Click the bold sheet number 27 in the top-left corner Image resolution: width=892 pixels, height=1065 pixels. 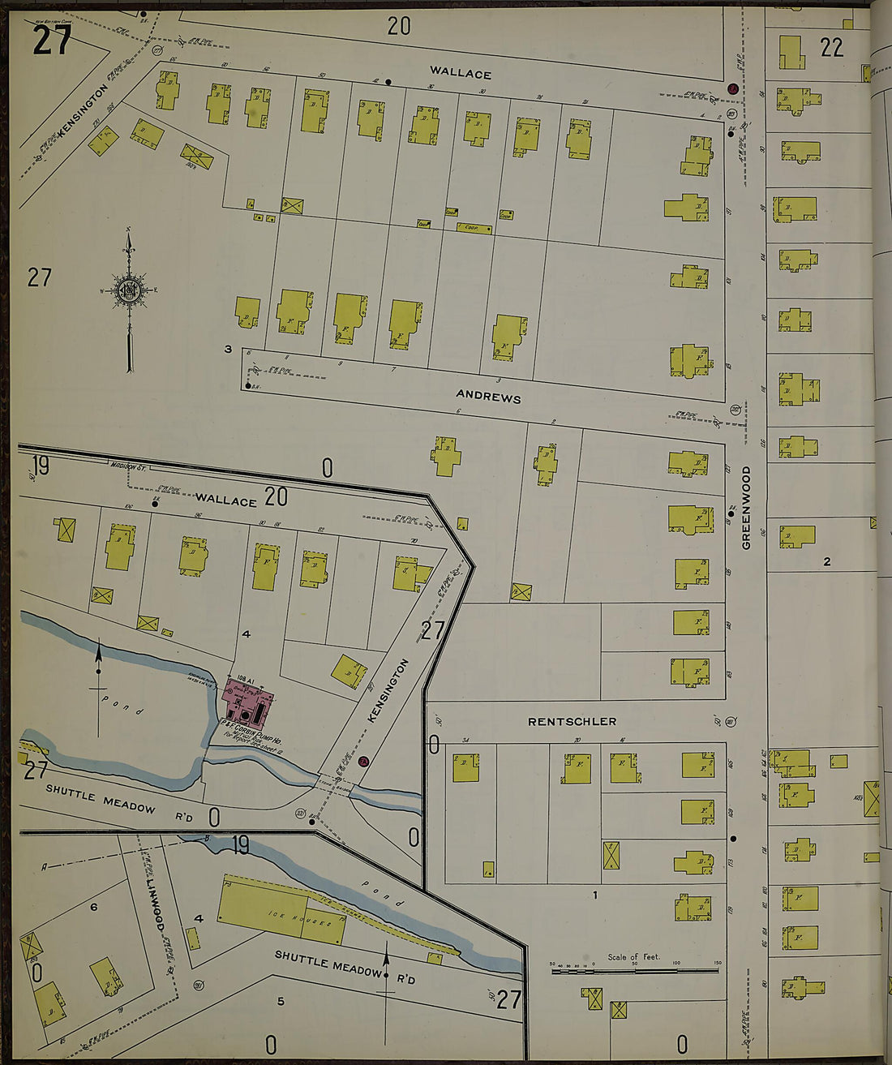[x=52, y=40]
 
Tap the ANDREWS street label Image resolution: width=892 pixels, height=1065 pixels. [x=488, y=397]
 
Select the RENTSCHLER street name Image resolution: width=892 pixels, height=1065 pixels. [x=572, y=721]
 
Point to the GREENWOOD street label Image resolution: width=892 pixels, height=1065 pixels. [x=746, y=508]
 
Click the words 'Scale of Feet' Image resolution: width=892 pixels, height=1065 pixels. [x=633, y=957]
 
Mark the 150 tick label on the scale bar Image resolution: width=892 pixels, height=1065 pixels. [x=717, y=964]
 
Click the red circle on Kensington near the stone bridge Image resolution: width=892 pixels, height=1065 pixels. [x=364, y=762]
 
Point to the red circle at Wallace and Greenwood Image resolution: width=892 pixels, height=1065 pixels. [x=732, y=88]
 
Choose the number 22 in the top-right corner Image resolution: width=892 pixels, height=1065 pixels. [x=831, y=48]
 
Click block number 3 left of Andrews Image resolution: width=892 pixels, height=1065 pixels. [x=228, y=350]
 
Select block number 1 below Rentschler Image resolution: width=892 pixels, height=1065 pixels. [x=594, y=895]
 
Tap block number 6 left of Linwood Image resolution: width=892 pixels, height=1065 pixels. [x=93, y=906]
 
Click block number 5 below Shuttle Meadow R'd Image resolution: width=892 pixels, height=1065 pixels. [x=281, y=1001]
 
